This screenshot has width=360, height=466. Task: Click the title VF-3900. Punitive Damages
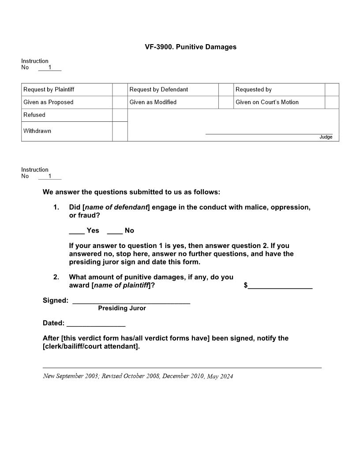pos(191,47)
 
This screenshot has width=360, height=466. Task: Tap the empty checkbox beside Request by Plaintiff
pos(120,90)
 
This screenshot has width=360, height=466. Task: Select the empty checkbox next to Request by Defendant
pos(226,90)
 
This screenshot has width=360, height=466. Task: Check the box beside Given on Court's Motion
pos(332,102)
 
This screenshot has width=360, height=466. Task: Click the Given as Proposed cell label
pos(49,102)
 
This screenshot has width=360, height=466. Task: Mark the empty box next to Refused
pos(120,115)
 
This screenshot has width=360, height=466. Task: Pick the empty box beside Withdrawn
pos(120,132)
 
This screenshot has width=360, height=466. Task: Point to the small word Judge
pos(326,137)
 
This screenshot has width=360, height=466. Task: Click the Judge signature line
pos(269,133)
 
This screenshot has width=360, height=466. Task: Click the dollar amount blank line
pos(280,287)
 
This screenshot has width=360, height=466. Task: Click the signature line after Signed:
pos(131,302)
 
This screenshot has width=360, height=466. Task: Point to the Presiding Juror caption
pos(122,308)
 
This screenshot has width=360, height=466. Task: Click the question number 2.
pos(56,277)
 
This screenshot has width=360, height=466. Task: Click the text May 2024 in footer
pos(220,376)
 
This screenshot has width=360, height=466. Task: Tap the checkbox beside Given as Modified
pos(226,102)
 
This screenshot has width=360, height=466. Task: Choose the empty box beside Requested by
pos(332,90)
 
